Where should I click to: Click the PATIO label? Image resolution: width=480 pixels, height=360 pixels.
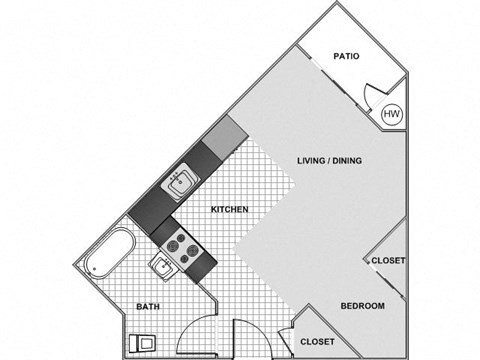346,57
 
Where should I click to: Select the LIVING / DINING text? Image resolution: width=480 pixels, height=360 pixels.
329,160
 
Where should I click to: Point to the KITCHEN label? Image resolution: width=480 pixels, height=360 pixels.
229,209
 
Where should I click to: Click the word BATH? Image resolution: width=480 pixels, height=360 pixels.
148,306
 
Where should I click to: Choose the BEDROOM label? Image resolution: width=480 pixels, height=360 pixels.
362,305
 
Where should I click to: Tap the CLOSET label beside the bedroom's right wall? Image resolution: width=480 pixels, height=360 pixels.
388,260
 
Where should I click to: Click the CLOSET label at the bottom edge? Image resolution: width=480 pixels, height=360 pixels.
318,341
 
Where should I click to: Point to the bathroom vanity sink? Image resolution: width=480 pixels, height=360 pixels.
161,266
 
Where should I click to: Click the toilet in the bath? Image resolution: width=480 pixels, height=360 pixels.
143,343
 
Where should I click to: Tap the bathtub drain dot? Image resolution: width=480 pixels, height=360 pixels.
94,267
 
